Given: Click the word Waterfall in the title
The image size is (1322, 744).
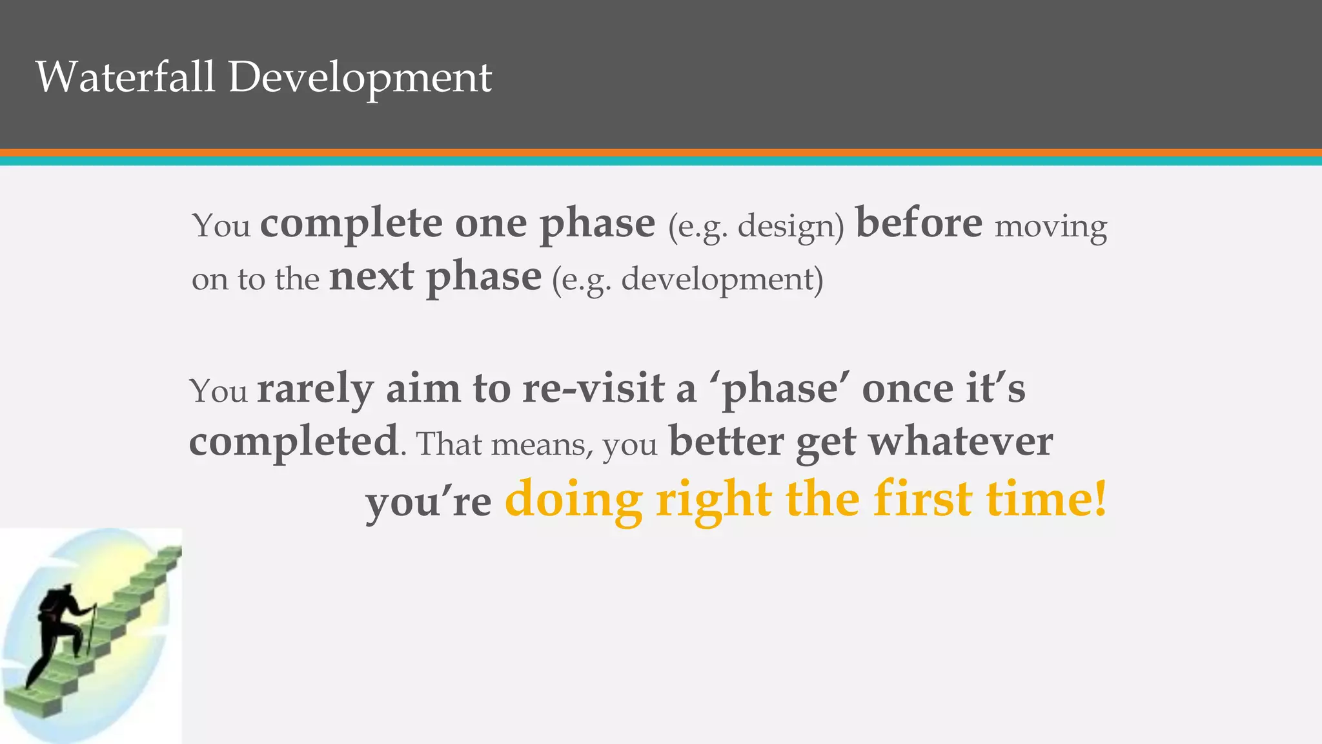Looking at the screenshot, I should click(125, 77).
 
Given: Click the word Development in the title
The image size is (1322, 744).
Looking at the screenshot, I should click(360, 78).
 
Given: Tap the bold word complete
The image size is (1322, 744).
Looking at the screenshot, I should click(352, 223).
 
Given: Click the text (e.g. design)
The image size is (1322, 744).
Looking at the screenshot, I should click(756, 227).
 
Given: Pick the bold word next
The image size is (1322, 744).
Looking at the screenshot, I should click(372, 277).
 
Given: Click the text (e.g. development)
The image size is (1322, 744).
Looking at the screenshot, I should click(687, 280).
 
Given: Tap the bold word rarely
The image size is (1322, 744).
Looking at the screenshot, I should click(315, 389).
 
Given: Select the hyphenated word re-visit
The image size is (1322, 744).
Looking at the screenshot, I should click(593, 389).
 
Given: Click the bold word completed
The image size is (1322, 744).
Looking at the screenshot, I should click(294, 442).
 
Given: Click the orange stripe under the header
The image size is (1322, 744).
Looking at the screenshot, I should click(661, 152).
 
